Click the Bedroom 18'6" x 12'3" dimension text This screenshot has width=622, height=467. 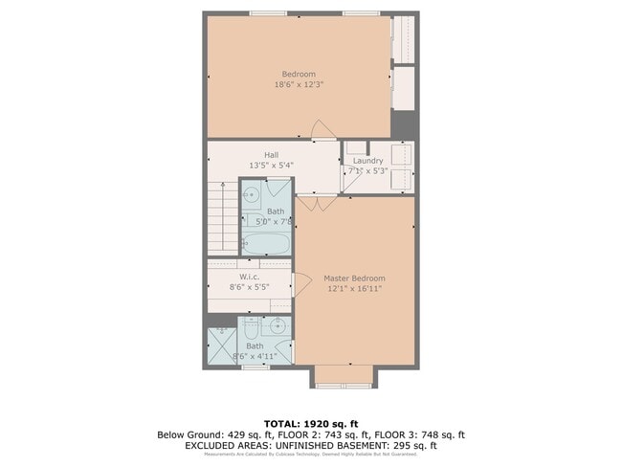298,84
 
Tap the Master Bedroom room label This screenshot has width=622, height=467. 354,278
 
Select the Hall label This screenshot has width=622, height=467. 271,154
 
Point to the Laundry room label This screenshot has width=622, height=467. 368,161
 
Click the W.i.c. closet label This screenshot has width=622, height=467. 249,277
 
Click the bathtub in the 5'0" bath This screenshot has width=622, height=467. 265,243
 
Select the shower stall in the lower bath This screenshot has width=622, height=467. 222,342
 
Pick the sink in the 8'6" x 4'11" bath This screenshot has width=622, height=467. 277,325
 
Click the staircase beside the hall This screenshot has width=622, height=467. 222,220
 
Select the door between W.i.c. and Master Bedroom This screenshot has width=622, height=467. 300,284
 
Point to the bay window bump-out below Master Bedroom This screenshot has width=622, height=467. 341,376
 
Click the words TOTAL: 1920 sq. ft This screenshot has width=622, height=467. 310,423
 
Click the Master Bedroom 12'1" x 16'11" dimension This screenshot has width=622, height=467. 354,288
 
